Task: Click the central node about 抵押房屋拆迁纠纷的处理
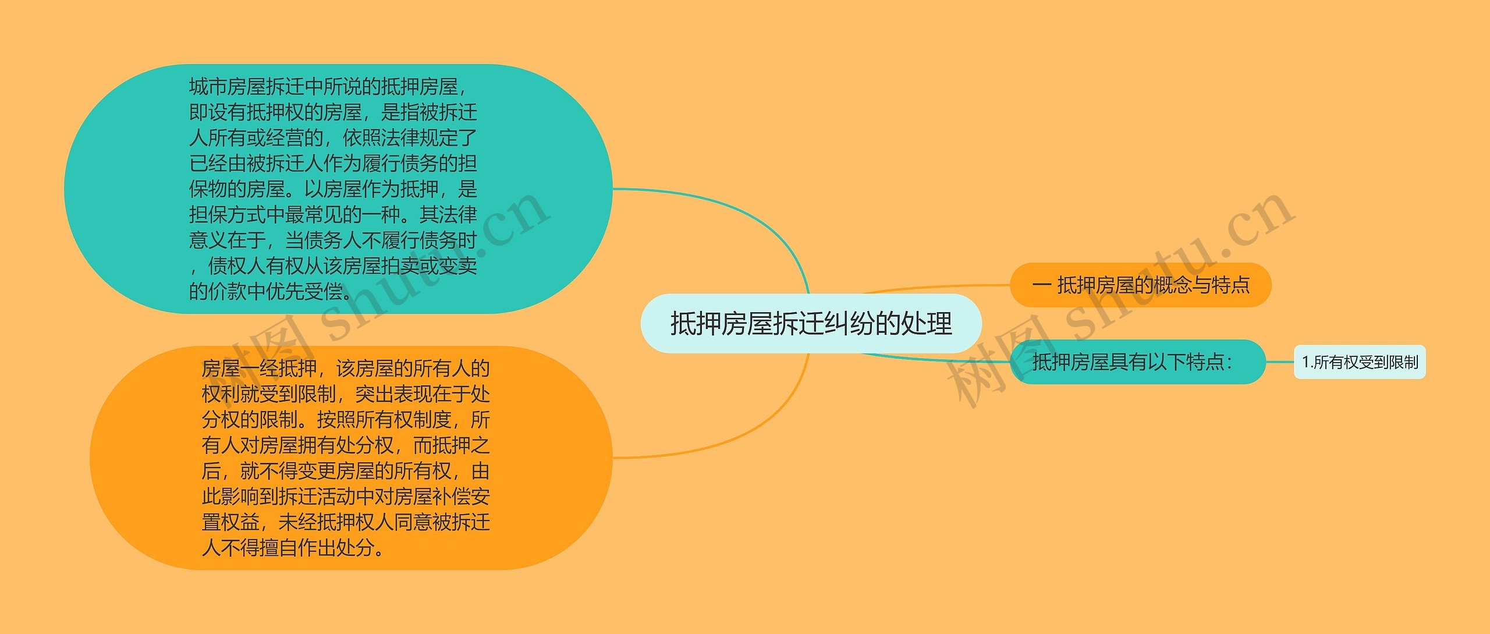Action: pos(811,324)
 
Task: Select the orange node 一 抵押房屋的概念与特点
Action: pos(1140,285)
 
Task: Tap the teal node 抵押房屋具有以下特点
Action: pos(1137,362)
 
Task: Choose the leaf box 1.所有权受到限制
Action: pos(1360,362)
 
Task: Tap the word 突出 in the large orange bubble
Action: pos(374,394)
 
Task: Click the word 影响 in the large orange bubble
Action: pos(240,497)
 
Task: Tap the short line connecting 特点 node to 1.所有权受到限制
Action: pos(1279,362)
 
